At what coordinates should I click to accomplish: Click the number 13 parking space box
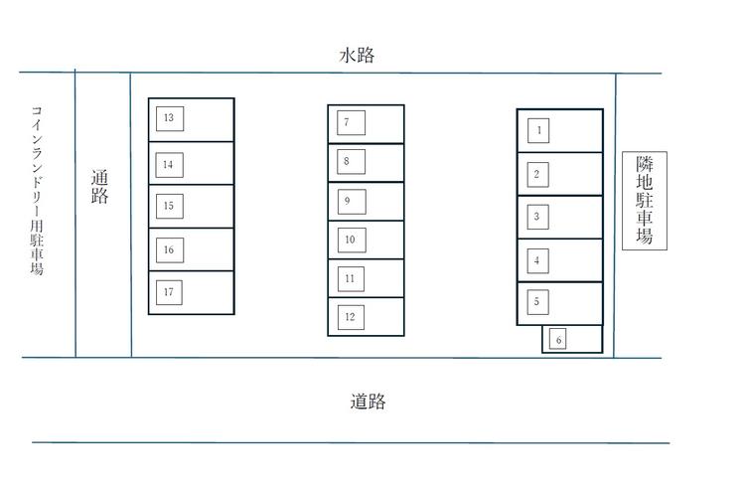(x=169, y=118)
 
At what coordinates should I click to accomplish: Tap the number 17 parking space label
(x=169, y=292)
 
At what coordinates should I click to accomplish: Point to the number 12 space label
(x=350, y=317)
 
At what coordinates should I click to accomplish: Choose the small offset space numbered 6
(x=559, y=340)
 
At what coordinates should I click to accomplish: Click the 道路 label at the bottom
(x=368, y=402)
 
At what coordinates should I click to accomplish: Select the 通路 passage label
(x=99, y=187)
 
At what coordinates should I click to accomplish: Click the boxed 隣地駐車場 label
(x=644, y=201)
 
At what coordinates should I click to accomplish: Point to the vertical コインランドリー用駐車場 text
(x=37, y=190)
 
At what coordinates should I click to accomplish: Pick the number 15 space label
(x=169, y=206)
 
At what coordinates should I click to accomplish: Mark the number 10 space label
(x=350, y=240)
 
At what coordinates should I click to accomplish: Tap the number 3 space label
(x=536, y=217)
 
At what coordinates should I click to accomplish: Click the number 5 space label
(x=536, y=300)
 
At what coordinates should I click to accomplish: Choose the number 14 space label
(x=169, y=164)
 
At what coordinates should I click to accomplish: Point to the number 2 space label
(x=536, y=175)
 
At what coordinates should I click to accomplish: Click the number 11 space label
(x=350, y=278)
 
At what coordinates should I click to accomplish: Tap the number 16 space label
(x=169, y=249)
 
